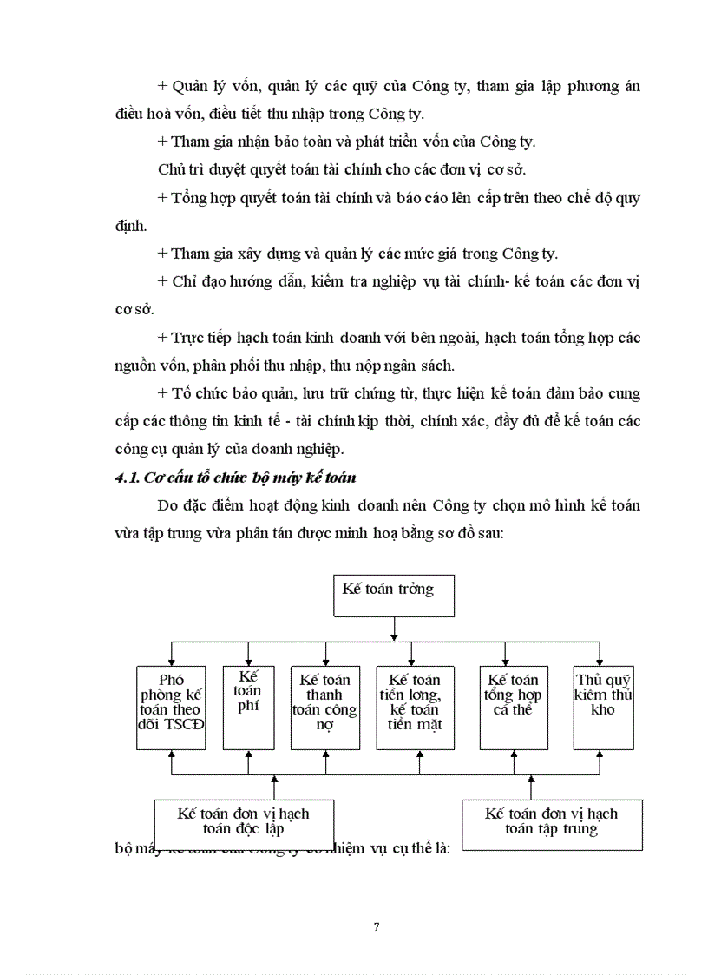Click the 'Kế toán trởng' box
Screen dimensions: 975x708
[x=395, y=595]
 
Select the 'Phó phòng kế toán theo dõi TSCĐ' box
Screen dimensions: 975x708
[x=172, y=707]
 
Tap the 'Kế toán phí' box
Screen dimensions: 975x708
[x=248, y=707]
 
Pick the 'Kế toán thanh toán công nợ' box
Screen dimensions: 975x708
[x=325, y=707]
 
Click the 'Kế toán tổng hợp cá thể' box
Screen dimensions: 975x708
[x=514, y=707]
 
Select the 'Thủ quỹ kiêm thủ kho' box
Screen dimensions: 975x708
[x=602, y=707]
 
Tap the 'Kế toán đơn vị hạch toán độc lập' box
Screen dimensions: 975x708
[x=243, y=820]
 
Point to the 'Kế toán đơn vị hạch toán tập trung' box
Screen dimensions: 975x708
[x=551, y=820]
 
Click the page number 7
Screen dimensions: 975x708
[x=376, y=926]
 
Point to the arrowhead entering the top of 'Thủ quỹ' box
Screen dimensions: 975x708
[x=599, y=661]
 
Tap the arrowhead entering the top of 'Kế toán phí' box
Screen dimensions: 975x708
[x=249, y=661]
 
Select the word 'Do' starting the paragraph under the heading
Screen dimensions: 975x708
[x=168, y=505]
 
